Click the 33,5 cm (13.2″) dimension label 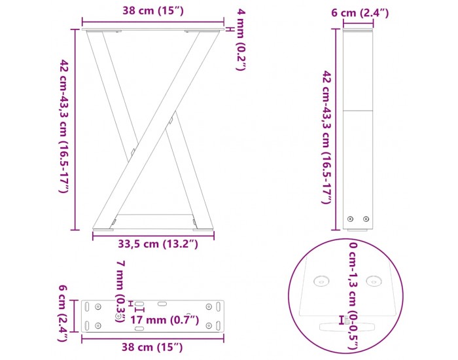[x=158, y=243]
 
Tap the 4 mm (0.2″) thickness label [x=241, y=40]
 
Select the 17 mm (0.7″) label [x=164, y=319]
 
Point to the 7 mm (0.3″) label [x=120, y=292]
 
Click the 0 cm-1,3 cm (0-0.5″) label [x=353, y=295]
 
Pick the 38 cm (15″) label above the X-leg [x=152, y=11]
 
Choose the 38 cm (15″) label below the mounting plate [x=152, y=347]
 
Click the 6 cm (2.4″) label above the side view [x=360, y=13]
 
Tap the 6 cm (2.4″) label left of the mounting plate [x=63, y=314]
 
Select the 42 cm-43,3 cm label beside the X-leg [x=63, y=126]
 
